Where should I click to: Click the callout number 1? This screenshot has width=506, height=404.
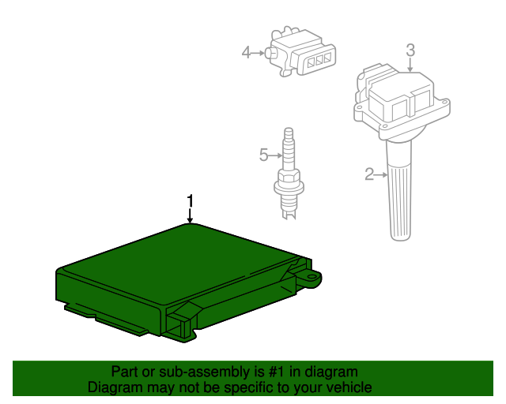[x=191, y=200]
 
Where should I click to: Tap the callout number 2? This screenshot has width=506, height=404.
[x=369, y=174]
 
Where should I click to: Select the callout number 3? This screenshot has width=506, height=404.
[x=410, y=50]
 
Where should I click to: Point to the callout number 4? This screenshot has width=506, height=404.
[x=246, y=52]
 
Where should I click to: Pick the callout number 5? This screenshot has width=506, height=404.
[x=263, y=155]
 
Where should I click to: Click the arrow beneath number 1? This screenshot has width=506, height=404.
[x=190, y=215]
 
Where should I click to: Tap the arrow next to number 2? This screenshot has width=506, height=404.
[x=381, y=174]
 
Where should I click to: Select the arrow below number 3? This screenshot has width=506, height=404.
[x=410, y=65]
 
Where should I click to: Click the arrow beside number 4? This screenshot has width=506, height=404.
[x=258, y=53]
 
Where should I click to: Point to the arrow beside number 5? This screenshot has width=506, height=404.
[x=275, y=155]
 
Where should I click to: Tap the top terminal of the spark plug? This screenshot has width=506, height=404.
[x=289, y=133]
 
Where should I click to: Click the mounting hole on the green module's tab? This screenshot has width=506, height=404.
[x=312, y=276]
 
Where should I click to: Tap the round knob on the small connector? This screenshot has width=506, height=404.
[x=270, y=53]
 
